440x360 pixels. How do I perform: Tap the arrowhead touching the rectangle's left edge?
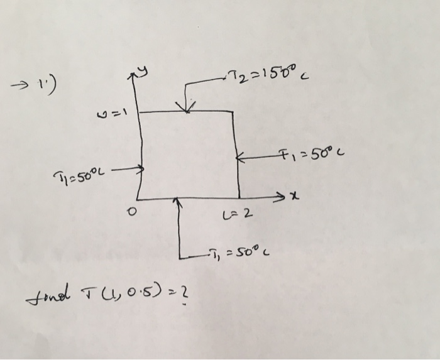(140, 169)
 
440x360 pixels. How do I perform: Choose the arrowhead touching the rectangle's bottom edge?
(178, 202)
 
